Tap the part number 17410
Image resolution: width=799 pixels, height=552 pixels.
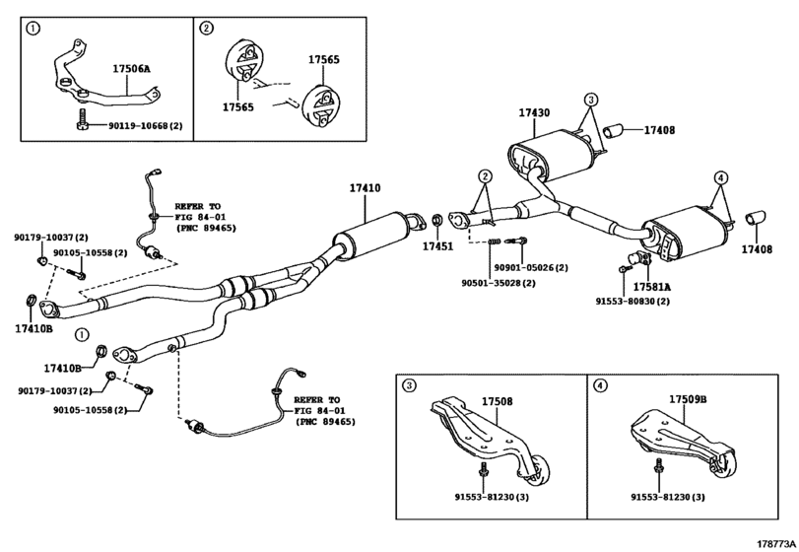point(365,188)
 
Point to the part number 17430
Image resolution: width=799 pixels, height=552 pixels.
point(534,113)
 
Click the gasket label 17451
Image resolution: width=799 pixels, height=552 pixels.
point(439,246)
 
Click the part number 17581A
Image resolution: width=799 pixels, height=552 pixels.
point(652,287)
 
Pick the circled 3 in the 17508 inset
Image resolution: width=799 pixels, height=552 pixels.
point(409,385)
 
